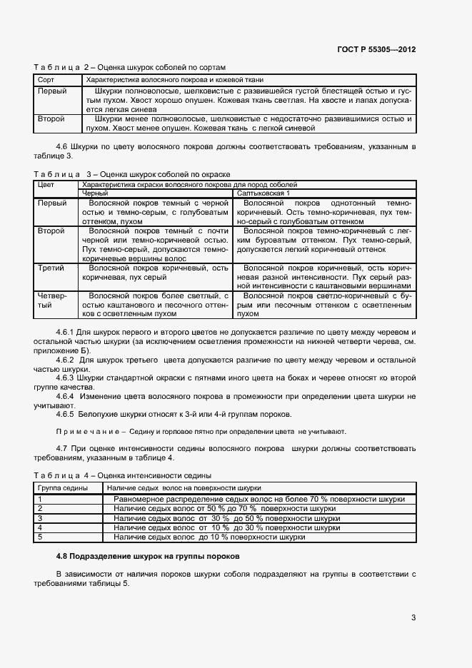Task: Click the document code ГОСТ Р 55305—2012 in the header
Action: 376,49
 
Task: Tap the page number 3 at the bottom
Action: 413,618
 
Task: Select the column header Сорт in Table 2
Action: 46,80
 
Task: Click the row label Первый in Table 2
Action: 52,92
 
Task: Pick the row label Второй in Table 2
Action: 51,119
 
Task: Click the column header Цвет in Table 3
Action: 46,185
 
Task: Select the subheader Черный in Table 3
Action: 96,193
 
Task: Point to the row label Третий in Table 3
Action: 51,268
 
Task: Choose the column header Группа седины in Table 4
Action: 63,487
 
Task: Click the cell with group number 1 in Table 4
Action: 41,499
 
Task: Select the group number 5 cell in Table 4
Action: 41,537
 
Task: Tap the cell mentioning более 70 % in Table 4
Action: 259,499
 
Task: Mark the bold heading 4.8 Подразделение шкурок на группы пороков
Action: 149,556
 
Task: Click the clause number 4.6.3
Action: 65,378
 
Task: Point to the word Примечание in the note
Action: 82,432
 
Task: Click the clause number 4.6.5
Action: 65,415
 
